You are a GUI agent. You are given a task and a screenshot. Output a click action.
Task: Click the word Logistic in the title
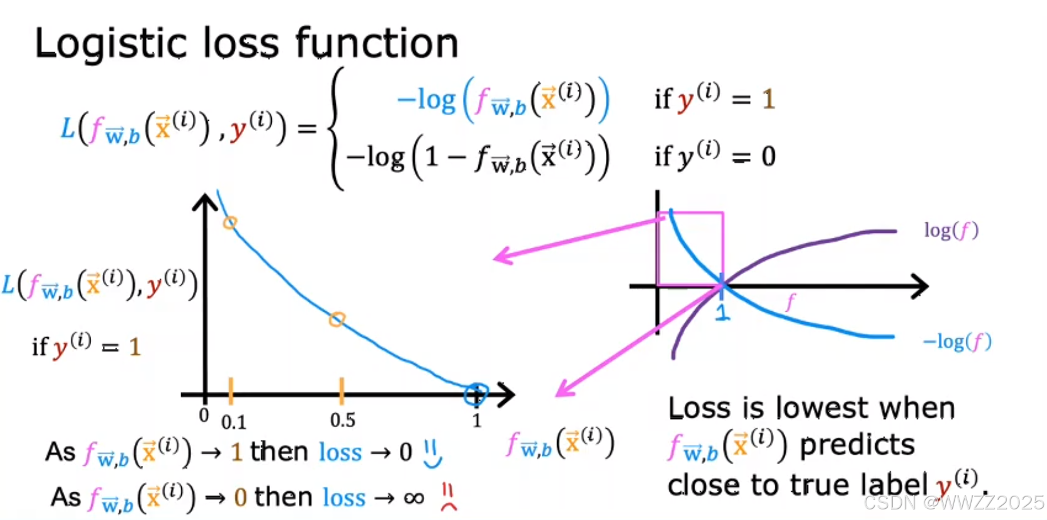tap(111, 44)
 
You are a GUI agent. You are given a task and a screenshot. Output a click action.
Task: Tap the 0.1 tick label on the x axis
tap(234, 422)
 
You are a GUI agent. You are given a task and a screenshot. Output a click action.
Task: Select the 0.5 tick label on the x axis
tap(342, 421)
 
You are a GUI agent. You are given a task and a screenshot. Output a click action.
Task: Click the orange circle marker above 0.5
tap(336, 319)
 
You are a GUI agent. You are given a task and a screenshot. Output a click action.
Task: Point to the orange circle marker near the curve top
tap(230, 222)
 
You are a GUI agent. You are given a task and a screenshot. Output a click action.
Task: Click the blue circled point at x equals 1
tap(475, 394)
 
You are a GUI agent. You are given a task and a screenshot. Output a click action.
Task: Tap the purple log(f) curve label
tap(951, 231)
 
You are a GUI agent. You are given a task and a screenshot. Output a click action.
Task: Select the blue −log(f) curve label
tap(957, 341)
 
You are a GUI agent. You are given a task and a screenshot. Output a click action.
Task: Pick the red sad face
tap(449, 498)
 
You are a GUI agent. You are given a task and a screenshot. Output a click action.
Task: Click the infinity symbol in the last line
tap(414, 498)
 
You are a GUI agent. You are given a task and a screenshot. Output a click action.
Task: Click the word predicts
tap(857, 445)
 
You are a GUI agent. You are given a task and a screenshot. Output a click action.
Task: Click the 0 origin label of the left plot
tap(204, 415)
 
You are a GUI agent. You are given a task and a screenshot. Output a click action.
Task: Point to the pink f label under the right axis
tap(790, 302)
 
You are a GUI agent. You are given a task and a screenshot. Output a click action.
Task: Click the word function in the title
tap(376, 44)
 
